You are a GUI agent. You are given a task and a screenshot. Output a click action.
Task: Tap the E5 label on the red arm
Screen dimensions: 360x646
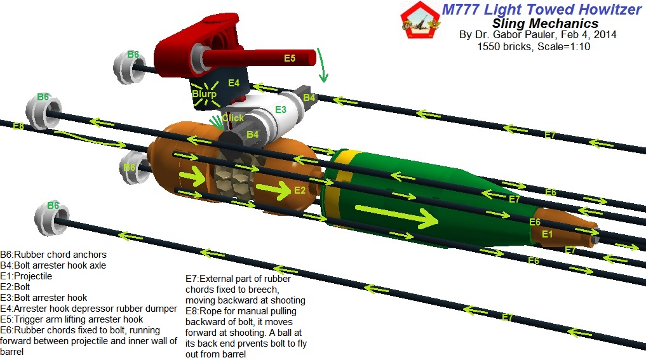click(x=290, y=58)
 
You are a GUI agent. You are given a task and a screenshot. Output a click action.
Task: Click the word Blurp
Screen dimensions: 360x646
click(x=205, y=94)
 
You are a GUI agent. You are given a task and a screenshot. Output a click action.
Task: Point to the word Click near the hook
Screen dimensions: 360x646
click(x=232, y=118)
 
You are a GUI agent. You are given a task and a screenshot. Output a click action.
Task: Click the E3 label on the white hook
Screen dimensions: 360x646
click(x=280, y=109)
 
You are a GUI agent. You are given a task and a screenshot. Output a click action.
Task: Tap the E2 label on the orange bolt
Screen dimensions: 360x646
click(x=300, y=190)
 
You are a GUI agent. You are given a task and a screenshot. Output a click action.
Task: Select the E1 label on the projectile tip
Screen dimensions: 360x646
click(x=547, y=234)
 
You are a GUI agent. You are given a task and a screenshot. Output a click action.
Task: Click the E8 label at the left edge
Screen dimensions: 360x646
click(x=18, y=126)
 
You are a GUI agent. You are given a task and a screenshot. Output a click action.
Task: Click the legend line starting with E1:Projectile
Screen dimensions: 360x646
click(x=26, y=277)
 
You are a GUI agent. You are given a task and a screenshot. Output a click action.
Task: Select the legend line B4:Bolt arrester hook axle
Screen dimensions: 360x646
click(x=53, y=266)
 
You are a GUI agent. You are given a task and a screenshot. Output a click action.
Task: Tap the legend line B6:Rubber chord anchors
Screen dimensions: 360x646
click(x=54, y=255)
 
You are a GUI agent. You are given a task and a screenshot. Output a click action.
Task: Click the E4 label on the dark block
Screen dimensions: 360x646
click(x=234, y=83)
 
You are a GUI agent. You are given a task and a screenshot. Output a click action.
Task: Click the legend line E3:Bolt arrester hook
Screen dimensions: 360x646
click(x=44, y=298)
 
